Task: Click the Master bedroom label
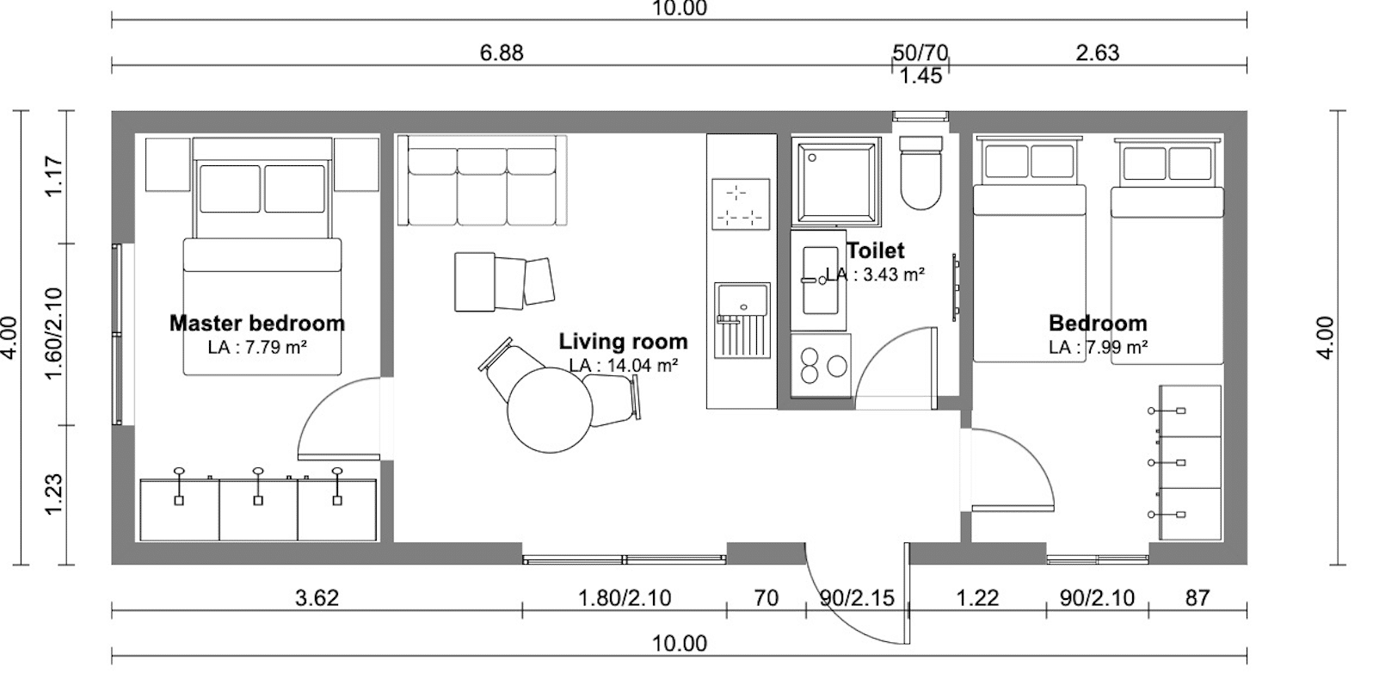pyautogui.click(x=257, y=324)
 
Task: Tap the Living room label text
pyautogui.click(x=624, y=342)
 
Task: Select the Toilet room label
pyautogui.click(x=875, y=250)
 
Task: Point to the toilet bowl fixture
pyautogui.click(x=920, y=172)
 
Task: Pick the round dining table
pyautogui.click(x=550, y=410)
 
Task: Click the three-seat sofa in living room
pyautogui.click(x=482, y=181)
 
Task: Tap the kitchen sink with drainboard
pyautogui.click(x=742, y=320)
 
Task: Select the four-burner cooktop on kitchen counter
pyautogui.click(x=741, y=204)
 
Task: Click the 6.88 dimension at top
pyautogui.click(x=502, y=53)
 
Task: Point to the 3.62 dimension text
pyautogui.click(x=317, y=597)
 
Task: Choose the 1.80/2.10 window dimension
pyautogui.click(x=625, y=597)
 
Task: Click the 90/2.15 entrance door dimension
pyautogui.click(x=857, y=597)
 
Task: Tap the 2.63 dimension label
pyautogui.click(x=1097, y=53)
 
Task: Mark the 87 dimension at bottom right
pyautogui.click(x=1198, y=597)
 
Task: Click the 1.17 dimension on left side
pyautogui.click(x=54, y=176)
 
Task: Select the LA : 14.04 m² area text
pyautogui.click(x=624, y=366)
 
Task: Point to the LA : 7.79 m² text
pyautogui.click(x=257, y=347)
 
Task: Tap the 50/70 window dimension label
pyautogui.click(x=920, y=53)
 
